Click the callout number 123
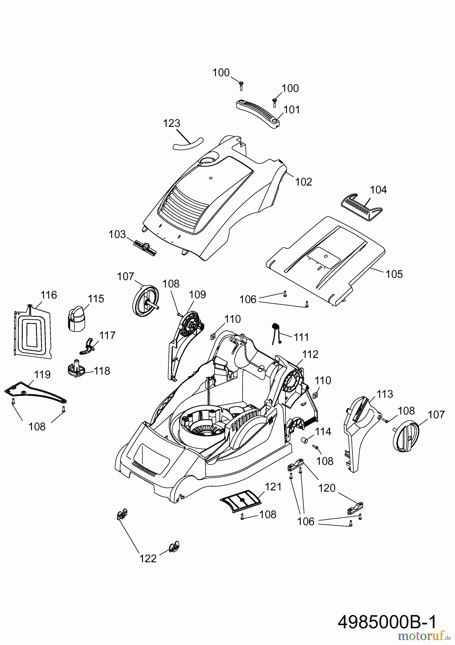171,123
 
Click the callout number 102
303,182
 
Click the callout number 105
394,274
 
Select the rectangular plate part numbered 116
32,331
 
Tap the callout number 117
107,335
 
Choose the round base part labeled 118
76,370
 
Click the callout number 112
310,354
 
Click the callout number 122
148,559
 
